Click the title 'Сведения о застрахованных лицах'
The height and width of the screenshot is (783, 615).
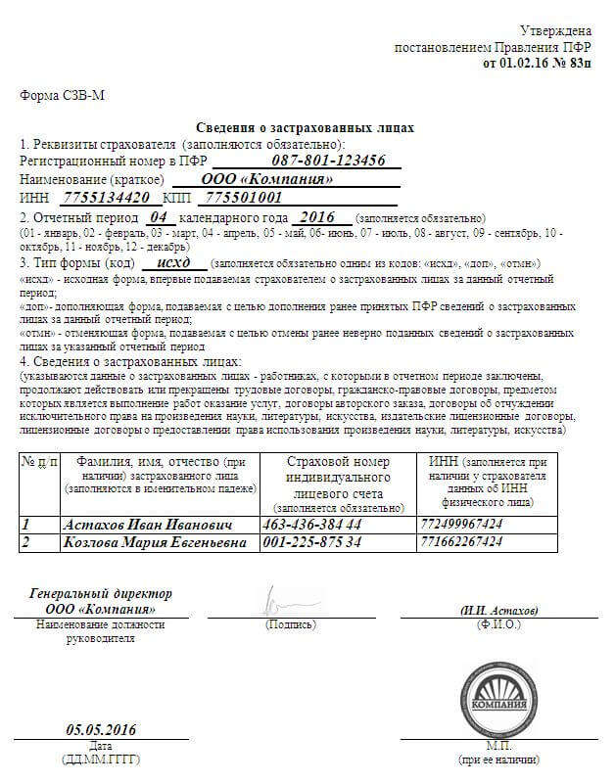(305, 128)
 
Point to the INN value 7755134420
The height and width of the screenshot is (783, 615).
(92, 198)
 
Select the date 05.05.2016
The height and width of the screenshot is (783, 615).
(101, 730)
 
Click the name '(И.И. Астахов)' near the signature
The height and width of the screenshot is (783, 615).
(499, 610)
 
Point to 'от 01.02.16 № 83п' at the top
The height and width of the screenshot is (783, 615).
(538, 63)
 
